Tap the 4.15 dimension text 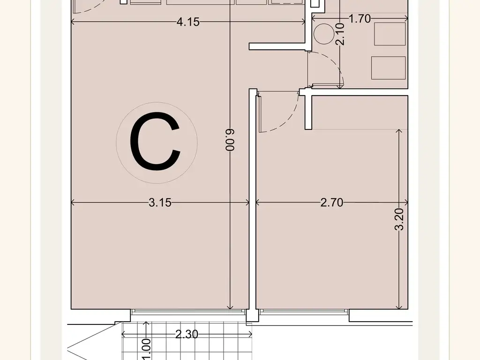point(188,22)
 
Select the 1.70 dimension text point(360,19)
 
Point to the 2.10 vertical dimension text point(340,34)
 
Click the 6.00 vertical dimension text point(230,140)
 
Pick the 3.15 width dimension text point(160,202)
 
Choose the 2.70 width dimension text point(332,202)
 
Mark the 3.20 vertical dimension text point(399,219)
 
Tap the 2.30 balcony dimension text point(187,334)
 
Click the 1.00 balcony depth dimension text point(147,349)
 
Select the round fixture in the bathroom point(324,34)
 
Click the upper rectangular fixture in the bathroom point(390,34)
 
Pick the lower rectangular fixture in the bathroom point(389,68)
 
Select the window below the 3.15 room point(189,312)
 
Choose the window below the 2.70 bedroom point(304,312)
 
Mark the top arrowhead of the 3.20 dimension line point(399,132)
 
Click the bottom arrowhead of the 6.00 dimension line point(231,307)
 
